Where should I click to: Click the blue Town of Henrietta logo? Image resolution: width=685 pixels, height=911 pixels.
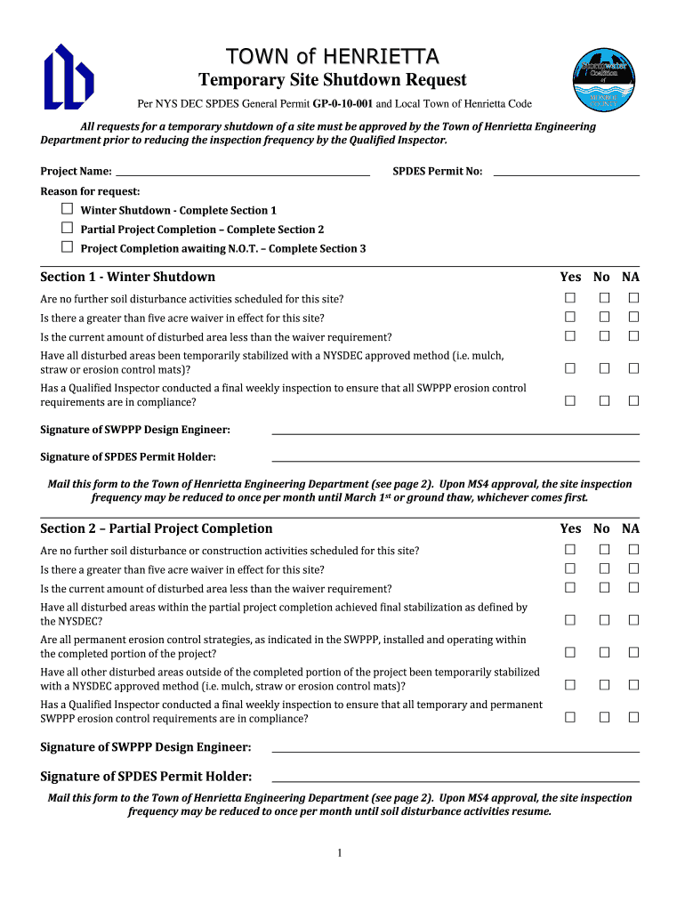pos(68,77)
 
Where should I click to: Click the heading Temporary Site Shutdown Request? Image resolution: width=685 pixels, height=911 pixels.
pos(332,81)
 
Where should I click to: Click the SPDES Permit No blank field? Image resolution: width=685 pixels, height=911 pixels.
pos(566,171)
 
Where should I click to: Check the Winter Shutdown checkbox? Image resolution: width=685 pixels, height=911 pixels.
pos(67,209)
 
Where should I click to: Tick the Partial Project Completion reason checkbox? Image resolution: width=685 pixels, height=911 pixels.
pos(67,229)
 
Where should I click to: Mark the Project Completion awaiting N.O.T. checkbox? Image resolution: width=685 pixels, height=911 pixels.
pos(67,247)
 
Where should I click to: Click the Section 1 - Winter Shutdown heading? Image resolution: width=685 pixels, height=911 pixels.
pos(128,277)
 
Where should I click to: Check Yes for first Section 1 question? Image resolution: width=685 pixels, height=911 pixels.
pos(570,297)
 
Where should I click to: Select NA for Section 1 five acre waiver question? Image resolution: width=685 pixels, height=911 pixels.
pos(634,317)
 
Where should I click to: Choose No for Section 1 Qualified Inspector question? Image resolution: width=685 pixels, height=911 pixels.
pos(603,400)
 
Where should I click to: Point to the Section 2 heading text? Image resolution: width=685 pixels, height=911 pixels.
pos(157,528)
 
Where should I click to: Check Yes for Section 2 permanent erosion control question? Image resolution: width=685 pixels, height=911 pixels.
pos(570,652)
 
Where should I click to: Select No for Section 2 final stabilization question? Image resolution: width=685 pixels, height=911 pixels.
pos(603,619)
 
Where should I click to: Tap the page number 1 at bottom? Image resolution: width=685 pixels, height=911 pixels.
pos(340,854)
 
